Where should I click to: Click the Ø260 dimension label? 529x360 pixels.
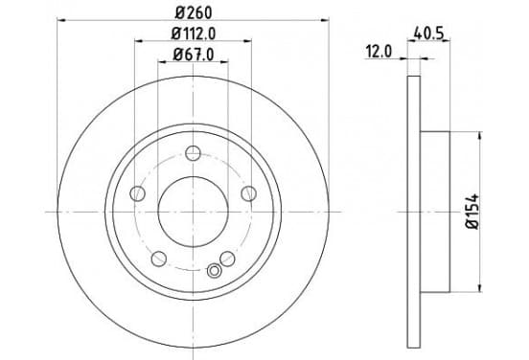[x=194, y=12]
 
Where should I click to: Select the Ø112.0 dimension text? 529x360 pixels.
[x=194, y=34]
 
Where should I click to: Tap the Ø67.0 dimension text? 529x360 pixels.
[x=194, y=55]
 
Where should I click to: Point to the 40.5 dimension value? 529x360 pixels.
[x=428, y=34]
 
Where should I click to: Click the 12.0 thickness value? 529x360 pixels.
[x=379, y=52]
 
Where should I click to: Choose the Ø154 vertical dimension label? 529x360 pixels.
[x=472, y=212]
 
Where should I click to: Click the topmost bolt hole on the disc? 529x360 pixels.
[x=193, y=153]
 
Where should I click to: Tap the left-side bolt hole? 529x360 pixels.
[x=137, y=193]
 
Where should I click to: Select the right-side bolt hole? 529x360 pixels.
[x=248, y=193]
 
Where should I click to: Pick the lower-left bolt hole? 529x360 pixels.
[x=158, y=259]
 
